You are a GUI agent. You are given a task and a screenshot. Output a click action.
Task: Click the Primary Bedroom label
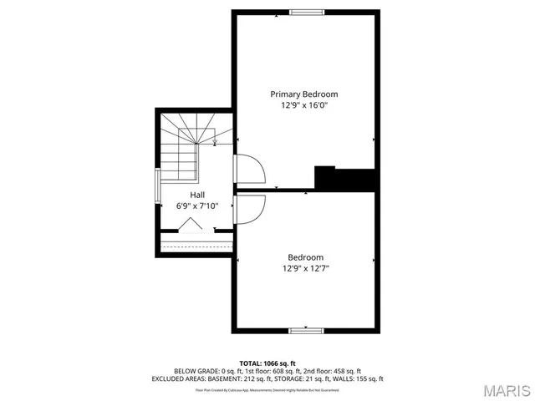[x=303, y=94]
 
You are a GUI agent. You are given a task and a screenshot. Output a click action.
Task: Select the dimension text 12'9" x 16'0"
[x=303, y=106]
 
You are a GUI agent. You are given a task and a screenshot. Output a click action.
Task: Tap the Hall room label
[x=196, y=195]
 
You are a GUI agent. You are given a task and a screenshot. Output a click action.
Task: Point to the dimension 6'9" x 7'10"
[x=196, y=206]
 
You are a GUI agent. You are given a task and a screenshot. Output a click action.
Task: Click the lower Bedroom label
[x=305, y=257]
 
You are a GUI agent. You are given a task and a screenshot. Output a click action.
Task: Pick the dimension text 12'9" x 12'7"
[x=305, y=268]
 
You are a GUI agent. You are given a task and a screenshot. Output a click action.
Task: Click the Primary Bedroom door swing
[x=251, y=170]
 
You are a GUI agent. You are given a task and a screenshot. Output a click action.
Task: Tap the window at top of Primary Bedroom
[x=306, y=12]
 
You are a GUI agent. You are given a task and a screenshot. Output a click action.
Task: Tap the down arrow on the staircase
[x=215, y=140]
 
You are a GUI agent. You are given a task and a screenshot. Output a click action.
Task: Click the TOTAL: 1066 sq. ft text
[x=267, y=363]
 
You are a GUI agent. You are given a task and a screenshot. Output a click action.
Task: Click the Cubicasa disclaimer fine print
[x=267, y=389]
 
